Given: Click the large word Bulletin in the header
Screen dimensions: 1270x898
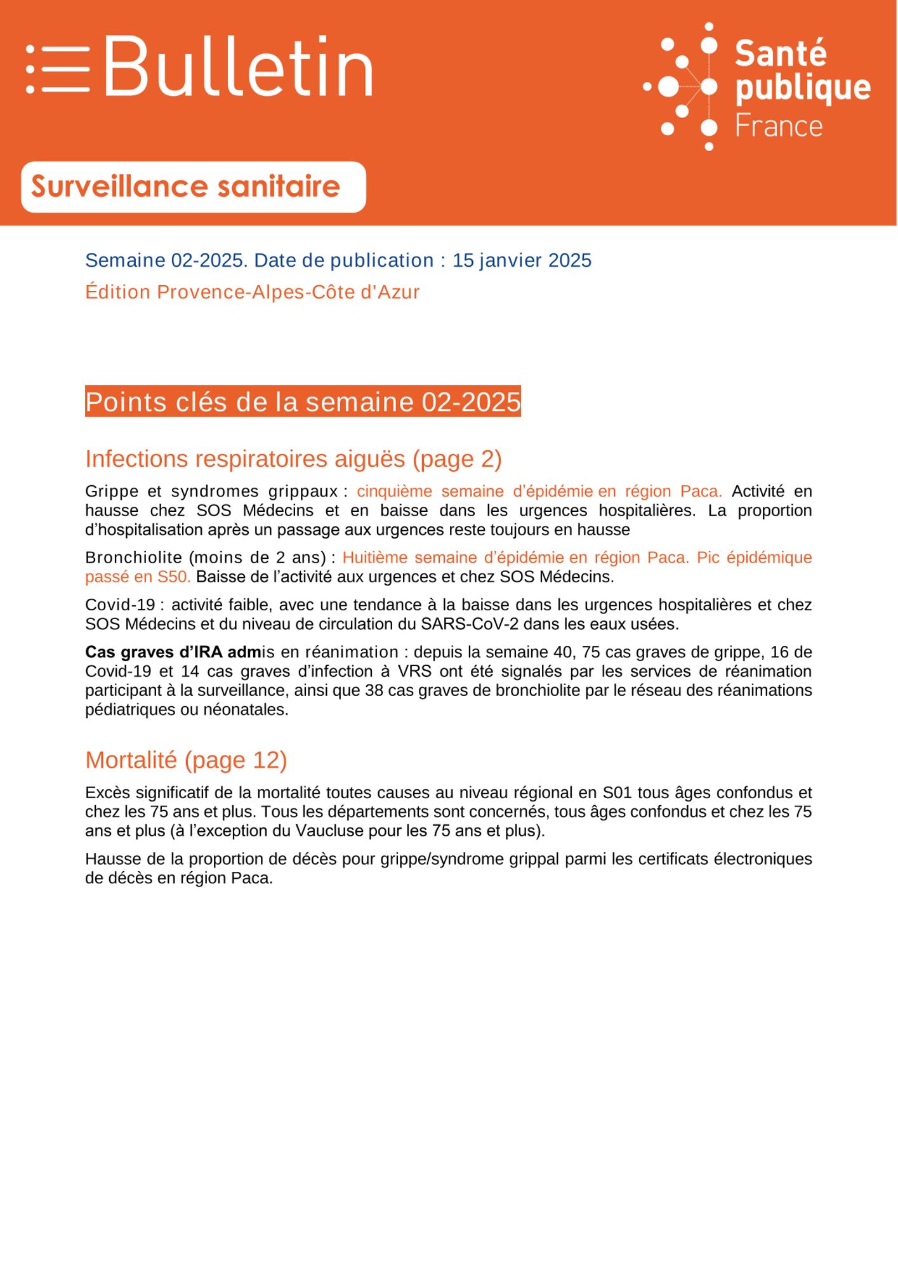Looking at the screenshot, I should pos(238,67).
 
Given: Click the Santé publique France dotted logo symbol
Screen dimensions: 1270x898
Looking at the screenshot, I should pos(682,86).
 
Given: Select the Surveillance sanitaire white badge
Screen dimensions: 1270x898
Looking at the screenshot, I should pos(193,187).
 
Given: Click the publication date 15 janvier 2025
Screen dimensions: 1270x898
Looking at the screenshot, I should pos(522,260).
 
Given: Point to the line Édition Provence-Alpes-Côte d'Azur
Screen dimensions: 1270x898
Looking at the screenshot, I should pos(252,292).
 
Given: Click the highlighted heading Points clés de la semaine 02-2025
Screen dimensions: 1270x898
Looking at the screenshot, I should pos(303,402).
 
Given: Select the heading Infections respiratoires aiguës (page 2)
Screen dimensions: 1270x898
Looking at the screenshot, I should pos(293,458).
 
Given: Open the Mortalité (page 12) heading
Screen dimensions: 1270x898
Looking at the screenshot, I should pos(186,759).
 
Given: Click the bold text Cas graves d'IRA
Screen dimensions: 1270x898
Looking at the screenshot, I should pos(152,652).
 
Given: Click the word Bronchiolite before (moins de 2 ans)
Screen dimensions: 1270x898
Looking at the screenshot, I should pos(133,558).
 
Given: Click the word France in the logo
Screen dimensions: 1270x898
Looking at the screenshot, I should pos(779,126).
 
